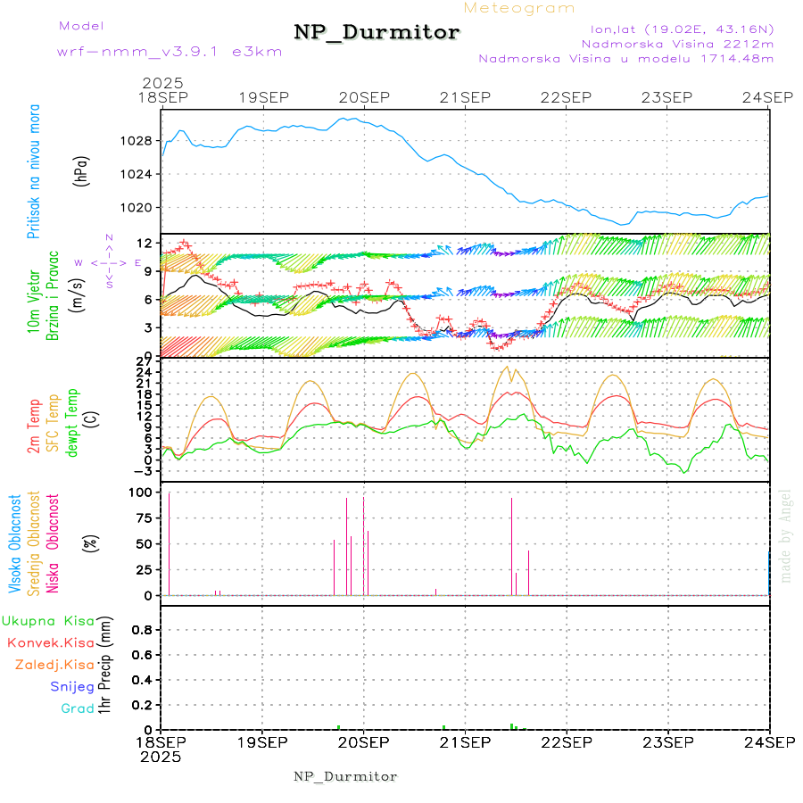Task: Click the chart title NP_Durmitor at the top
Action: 377,33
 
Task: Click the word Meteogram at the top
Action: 519,8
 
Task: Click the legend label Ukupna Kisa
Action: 48,621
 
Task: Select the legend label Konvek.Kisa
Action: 50,642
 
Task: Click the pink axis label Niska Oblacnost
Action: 53,543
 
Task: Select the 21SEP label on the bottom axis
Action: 465,741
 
